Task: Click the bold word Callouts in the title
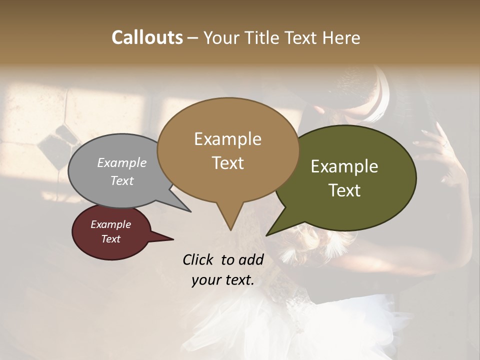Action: [147, 37]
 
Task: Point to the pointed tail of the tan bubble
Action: [230, 220]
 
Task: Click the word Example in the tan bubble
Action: [227, 139]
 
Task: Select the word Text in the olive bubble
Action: [344, 190]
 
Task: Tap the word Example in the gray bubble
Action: [121, 162]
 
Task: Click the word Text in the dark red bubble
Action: [110, 239]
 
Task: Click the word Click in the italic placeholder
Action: [198, 259]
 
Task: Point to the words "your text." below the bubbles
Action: [223, 280]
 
